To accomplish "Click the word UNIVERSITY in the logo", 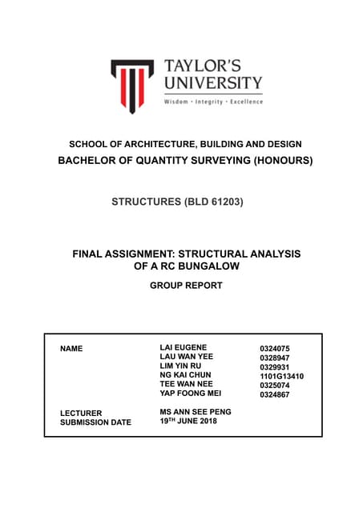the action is click(212, 82).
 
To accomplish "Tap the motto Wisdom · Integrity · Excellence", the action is click(212, 102).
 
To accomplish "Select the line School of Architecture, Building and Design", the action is click(184, 144).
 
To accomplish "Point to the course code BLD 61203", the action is click(209, 202).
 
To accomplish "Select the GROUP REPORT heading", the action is click(185, 285).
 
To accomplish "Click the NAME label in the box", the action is click(71, 350).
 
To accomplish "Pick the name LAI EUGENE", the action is click(184, 346).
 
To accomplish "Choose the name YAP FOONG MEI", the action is click(191, 393).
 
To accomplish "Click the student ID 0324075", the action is click(274, 348).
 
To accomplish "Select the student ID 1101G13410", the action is click(281, 376).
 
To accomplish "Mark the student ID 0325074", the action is click(274, 385).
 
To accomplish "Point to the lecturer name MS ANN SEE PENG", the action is click(197, 412).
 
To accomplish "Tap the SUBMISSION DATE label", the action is click(95, 422).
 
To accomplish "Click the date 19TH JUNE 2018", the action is click(188, 422).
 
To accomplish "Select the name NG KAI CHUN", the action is click(186, 374).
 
